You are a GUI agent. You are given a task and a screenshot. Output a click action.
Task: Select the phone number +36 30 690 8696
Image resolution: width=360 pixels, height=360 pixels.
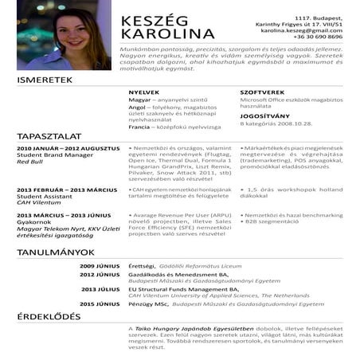[318, 37]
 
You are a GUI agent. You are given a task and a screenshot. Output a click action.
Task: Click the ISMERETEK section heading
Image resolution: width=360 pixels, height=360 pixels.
[45, 80]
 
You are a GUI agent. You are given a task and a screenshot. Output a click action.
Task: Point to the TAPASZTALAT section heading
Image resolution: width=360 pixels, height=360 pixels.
[50, 136]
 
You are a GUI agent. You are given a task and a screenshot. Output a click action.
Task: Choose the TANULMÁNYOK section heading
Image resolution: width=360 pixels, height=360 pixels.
[56, 252]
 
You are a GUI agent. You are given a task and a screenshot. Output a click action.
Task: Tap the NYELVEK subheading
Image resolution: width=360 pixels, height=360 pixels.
[143, 92]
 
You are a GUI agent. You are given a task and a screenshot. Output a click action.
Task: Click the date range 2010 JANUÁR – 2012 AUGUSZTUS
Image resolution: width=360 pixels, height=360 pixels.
[68, 149]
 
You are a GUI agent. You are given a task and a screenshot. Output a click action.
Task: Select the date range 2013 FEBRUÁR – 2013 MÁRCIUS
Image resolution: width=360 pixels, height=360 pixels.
[66, 190]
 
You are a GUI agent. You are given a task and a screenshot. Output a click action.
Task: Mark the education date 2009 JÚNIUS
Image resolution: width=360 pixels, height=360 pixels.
[100, 265]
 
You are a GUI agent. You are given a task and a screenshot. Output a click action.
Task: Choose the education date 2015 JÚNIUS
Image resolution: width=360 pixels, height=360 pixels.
[100, 303]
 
